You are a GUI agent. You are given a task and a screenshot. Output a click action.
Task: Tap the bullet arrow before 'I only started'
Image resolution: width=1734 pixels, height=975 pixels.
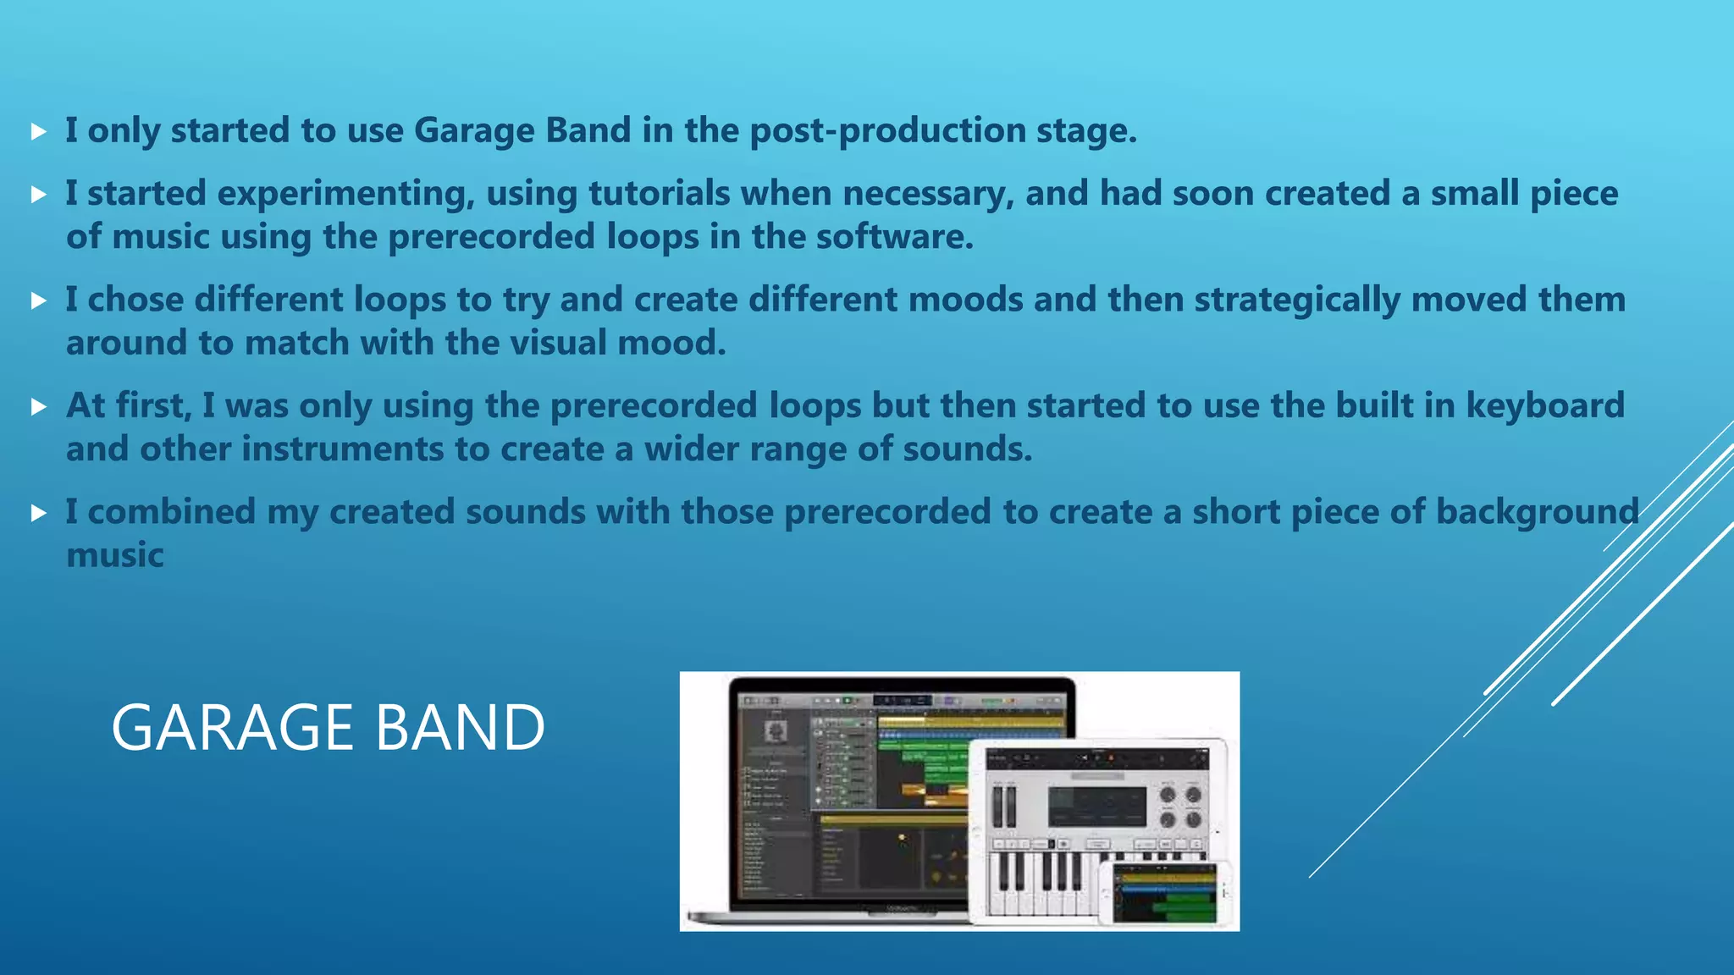(x=38, y=131)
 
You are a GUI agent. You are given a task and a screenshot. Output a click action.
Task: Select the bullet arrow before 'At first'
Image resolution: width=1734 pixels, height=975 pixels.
(x=38, y=407)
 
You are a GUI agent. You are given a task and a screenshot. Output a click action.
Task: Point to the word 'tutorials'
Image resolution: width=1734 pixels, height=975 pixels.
(x=659, y=193)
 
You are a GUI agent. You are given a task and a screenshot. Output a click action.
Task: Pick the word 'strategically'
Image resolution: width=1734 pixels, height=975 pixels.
(x=1297, y=300)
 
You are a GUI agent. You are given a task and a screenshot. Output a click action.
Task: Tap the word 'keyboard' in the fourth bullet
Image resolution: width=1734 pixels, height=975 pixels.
(x=1545, y=406)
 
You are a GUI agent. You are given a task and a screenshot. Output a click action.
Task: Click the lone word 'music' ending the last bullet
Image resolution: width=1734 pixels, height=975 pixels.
(x=115, y=555)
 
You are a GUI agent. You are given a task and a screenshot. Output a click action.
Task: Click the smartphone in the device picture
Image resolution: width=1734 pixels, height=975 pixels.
(x=1164, y=894)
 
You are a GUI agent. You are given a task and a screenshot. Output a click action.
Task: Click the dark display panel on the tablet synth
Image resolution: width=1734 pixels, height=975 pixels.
(x=1096, y=806)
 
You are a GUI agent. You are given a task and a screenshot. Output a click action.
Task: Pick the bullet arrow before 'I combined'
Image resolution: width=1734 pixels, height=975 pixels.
(x=38, y=513)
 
